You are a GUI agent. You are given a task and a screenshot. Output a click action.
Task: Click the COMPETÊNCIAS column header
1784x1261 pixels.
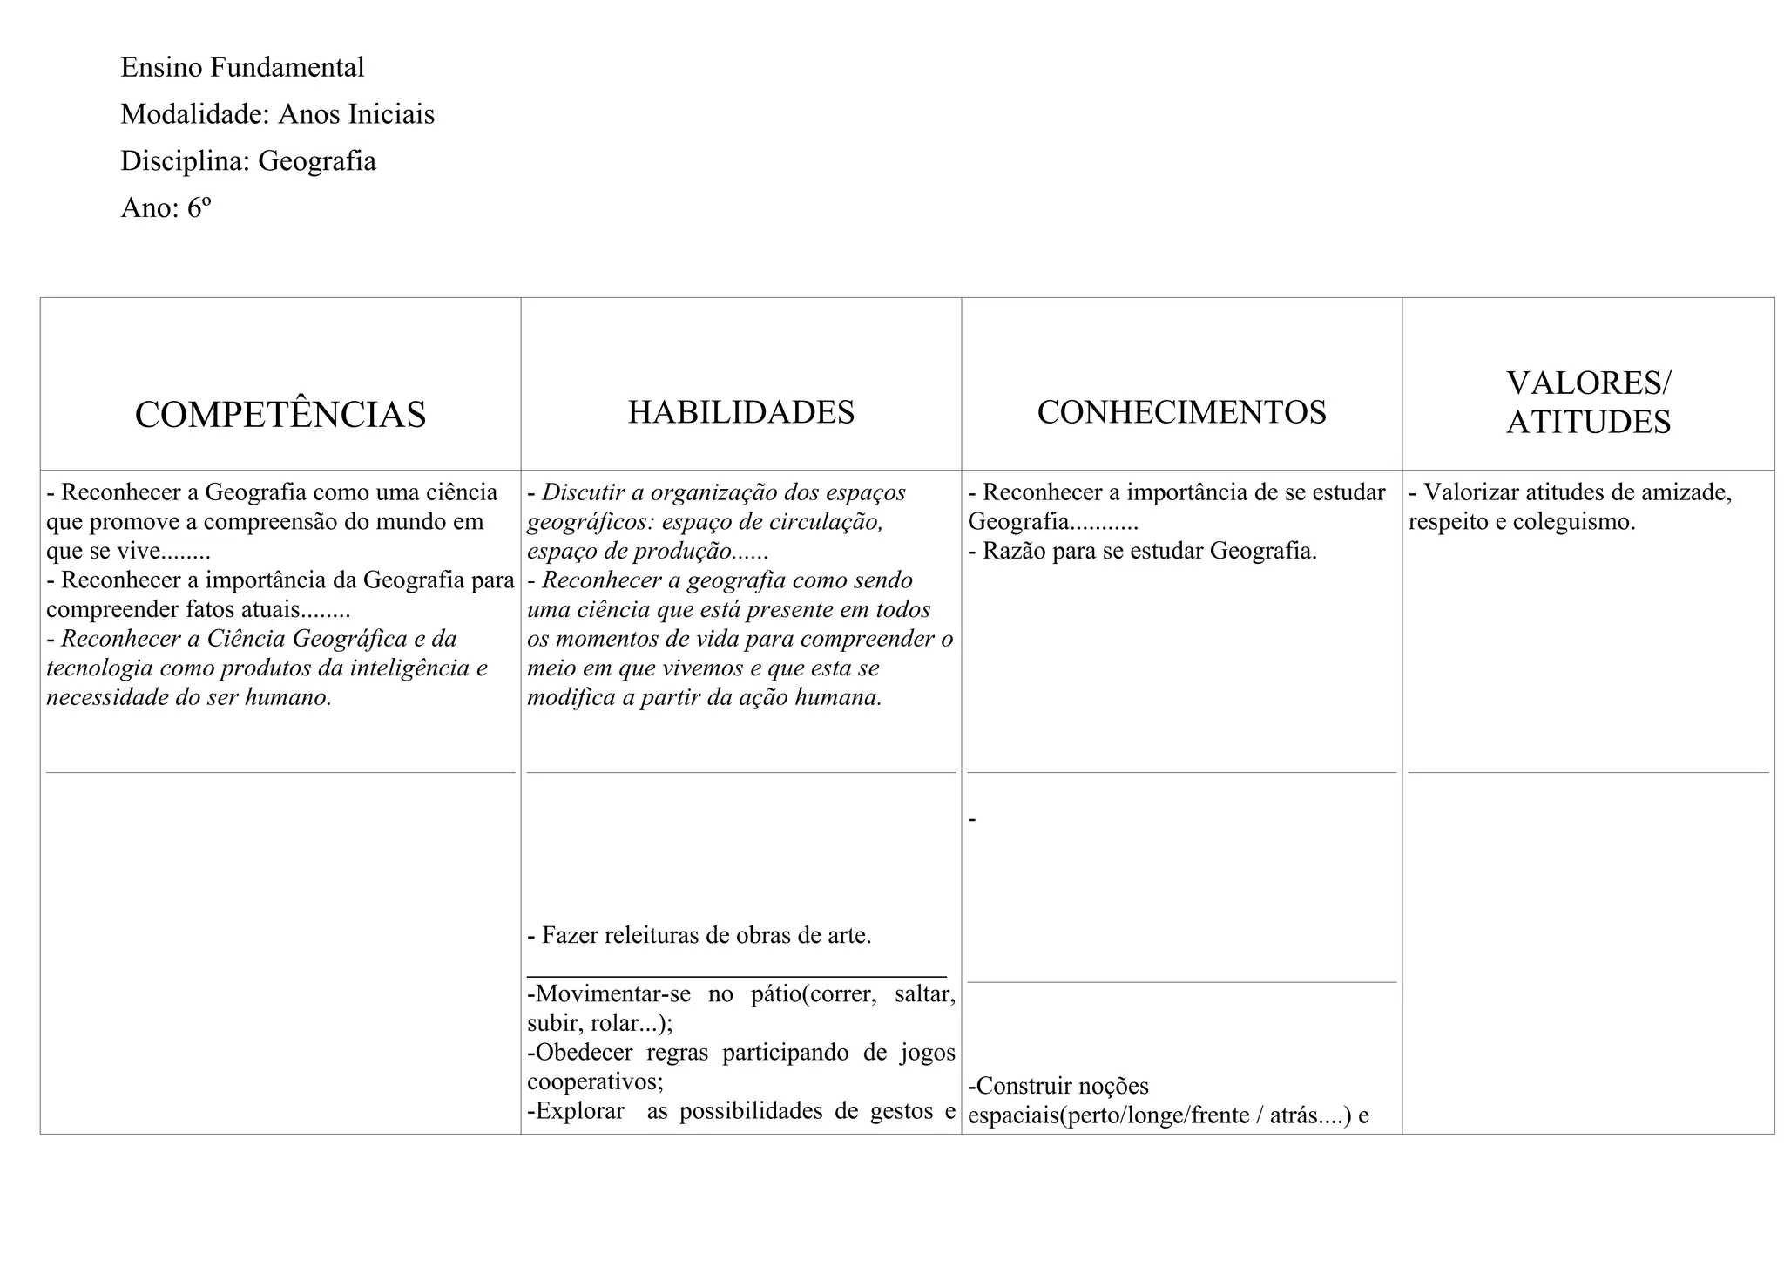(x=280, y=415)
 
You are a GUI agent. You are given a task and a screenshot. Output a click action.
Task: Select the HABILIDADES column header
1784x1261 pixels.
(x=741, y=412)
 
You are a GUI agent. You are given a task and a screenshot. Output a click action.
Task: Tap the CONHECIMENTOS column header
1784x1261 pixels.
(x=1181, y=412)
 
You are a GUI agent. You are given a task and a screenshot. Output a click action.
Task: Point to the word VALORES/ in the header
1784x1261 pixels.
(x=1589, y=383)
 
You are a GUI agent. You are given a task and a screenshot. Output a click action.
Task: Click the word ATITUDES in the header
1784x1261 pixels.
(x=1588, y=423)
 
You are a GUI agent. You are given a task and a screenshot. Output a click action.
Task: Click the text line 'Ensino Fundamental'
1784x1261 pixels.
(x=242, y=67)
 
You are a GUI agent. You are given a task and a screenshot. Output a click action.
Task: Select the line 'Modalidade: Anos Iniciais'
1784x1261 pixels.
(x=277, y=114)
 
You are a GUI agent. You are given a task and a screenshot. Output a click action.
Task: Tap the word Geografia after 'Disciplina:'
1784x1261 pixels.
(x=317, y=161)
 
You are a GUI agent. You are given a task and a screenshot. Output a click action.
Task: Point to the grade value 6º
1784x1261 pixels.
(x=199, y=208)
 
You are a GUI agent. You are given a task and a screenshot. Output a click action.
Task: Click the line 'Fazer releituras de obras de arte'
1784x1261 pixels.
(x=699, y=936)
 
